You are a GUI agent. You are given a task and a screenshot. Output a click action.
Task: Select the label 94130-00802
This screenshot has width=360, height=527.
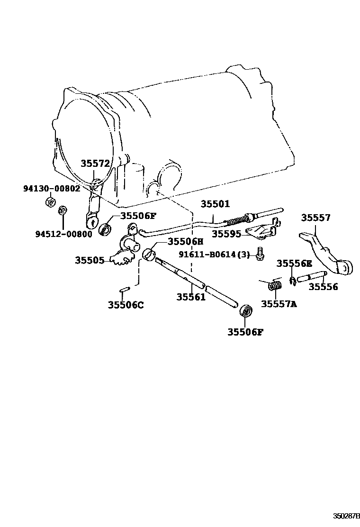52,188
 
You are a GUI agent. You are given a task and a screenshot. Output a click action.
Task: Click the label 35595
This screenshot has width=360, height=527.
226,233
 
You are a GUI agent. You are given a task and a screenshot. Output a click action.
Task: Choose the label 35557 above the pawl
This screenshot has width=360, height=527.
316,218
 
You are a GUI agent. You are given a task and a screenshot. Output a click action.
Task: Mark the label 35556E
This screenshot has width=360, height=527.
294,263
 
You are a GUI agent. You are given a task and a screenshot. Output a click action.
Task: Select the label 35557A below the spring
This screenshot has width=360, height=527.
279,304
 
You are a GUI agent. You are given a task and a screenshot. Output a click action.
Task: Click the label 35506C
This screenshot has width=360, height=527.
125,305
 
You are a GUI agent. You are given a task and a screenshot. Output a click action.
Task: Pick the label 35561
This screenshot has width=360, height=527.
191,297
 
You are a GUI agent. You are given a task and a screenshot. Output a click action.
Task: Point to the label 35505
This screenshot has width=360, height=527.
90,260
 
